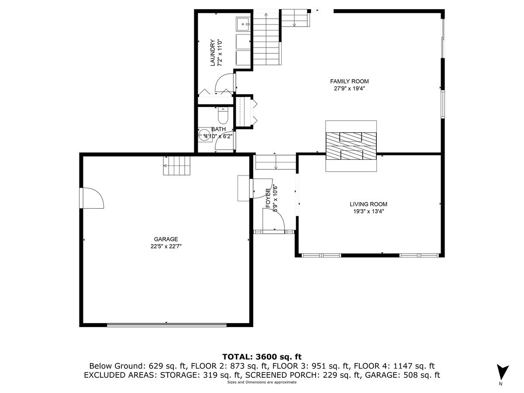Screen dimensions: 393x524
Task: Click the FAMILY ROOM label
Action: click(x=349, y=81)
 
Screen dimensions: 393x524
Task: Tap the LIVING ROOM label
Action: click(x=368, y=204)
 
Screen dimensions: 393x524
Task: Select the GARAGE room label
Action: click(x=165, y=239)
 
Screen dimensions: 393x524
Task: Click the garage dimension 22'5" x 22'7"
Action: click(x=165, y=246)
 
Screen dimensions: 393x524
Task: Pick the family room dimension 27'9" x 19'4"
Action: click(x=349, y=88)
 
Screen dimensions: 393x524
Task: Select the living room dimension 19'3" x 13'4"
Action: click(x=368, y=211)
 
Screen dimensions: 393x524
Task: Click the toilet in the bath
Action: click(x=223, y=116)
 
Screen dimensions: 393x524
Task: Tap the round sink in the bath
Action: click(x=204, y=135)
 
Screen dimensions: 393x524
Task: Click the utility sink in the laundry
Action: click(x=242, y=24)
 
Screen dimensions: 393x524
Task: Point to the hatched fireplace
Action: click(x=351, y=146)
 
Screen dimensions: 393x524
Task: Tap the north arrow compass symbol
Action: click(x=503, y=372)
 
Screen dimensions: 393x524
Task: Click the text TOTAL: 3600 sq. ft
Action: click(x=262, y=357)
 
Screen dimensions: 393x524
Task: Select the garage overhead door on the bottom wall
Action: click(x=166, y=324)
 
